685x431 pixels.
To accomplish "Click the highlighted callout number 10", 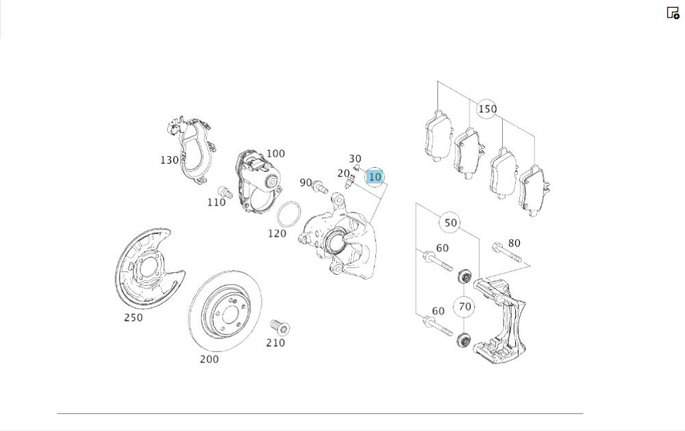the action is point(375,177).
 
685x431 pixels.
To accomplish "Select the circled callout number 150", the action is point(487,109).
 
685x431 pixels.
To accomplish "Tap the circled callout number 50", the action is point(451,223).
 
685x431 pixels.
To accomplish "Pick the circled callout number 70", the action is point(464,307).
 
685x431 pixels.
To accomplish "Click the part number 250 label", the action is point(134,318).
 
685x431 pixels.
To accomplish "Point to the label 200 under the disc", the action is point(209,359).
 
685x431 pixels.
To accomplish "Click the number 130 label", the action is point(169,160).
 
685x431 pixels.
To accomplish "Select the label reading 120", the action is point(277,234).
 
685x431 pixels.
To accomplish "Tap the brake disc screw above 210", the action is point(279,327).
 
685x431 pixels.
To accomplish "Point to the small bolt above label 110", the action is point(225,192).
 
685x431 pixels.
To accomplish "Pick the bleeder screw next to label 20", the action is point(349,182).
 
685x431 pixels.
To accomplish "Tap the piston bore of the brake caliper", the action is point(335,242).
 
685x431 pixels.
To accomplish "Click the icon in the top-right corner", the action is point(673,13).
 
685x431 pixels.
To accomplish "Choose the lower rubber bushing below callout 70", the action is point(463,340).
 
